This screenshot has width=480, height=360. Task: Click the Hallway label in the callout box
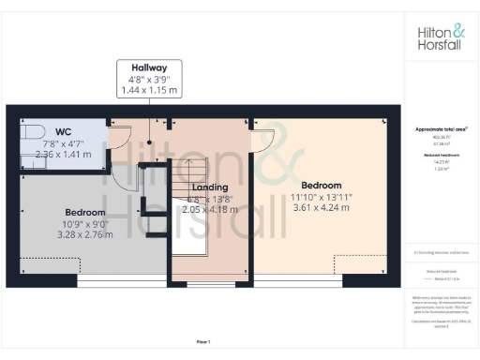148,67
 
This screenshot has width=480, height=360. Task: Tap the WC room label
64,132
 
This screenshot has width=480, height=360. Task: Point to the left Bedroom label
83,212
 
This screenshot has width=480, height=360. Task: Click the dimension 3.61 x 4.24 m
322,207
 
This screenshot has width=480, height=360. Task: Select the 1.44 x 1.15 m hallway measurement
148,91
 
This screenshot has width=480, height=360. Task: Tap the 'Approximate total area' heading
441,128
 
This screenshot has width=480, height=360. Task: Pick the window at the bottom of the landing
211,280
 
